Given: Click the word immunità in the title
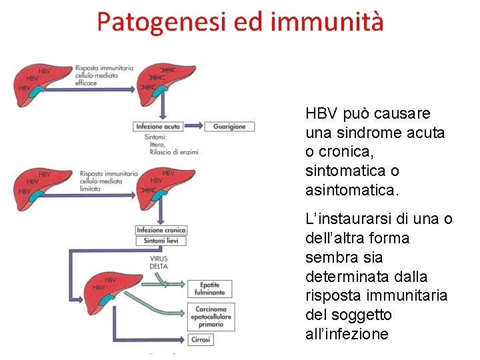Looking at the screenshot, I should pyautogui.click(x=328, y=21).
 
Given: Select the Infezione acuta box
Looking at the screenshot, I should pyautogui.click(x=157, y=127).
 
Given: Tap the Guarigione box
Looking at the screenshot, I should pyautogui.click(x=229, y=127).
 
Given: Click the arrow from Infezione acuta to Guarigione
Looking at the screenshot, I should pyautogui.click(x=194, y=127).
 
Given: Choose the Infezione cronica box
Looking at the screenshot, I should pyautogui.click(x=161, y=230).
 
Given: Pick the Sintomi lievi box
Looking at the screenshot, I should pyautogui.click(x=161, y=241).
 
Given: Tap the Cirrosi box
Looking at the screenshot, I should pyautogui.click(x=201, y=339).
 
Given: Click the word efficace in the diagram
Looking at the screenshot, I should pyautogui.click(x=86, y=84).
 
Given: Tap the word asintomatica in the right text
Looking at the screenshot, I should pyautogui.click(x=351, y=191).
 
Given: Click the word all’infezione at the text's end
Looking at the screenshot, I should pyautogui.click(x=347, y=334).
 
